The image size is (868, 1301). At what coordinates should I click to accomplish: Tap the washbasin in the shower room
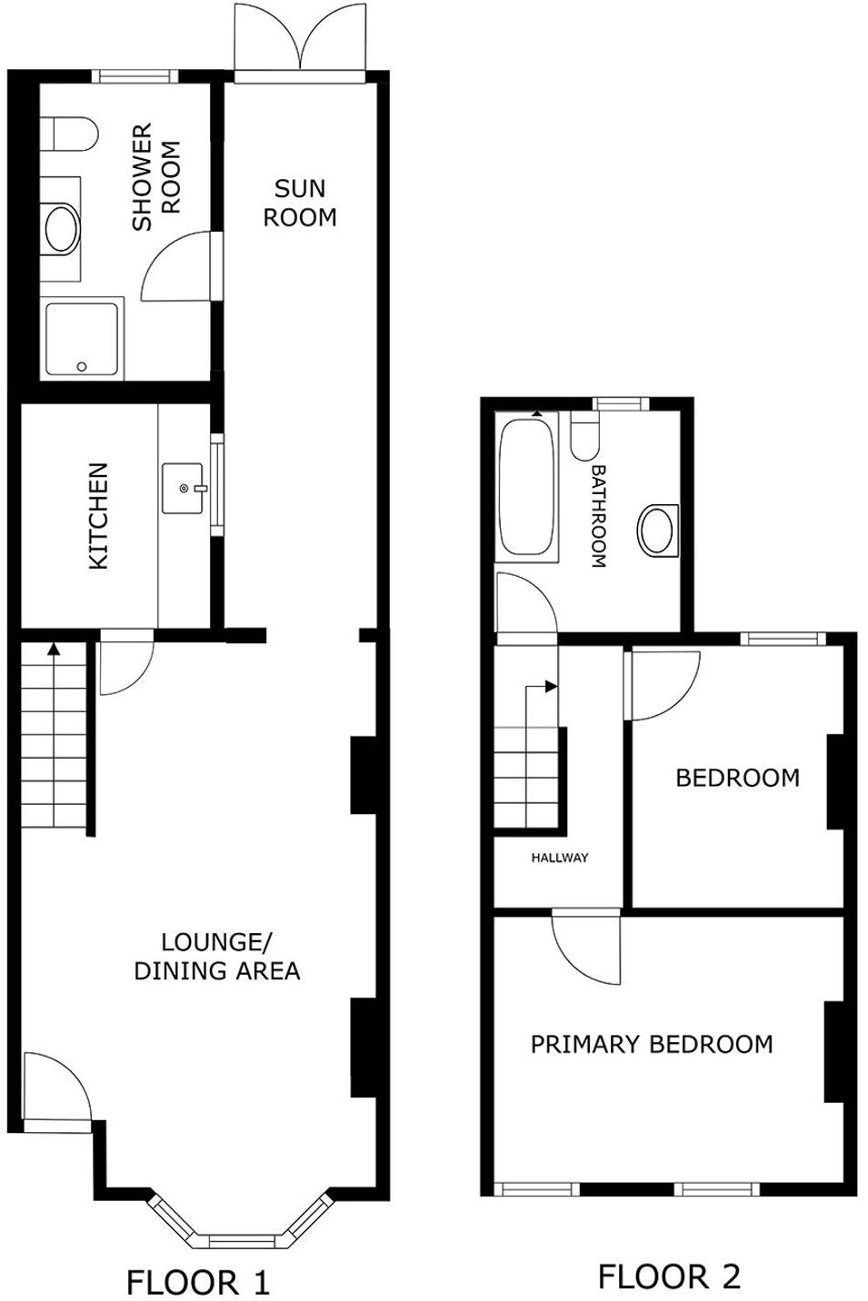[x=62, y=228]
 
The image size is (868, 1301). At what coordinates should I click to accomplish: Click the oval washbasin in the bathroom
[x=656, y=528]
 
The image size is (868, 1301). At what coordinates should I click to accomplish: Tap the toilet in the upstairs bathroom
[x=584, y=435]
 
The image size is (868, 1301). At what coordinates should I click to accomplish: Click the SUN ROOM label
[x=300, y=203]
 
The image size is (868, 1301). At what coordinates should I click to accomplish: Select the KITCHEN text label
[x=98, y=516]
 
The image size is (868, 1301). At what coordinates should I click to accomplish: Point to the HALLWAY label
[x=560, y=857]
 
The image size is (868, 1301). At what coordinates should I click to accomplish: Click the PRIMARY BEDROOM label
[x=652, y=1044]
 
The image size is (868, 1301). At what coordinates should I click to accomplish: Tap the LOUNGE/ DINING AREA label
[x=217, y=957]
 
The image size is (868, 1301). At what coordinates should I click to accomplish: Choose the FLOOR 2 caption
[x=669, y=1276]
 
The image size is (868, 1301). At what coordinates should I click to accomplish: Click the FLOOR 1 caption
[x=198, y=1283]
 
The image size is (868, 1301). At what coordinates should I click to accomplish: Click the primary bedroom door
[x=586, y=948]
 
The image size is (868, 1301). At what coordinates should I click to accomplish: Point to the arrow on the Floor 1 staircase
[x=54, y=650]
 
